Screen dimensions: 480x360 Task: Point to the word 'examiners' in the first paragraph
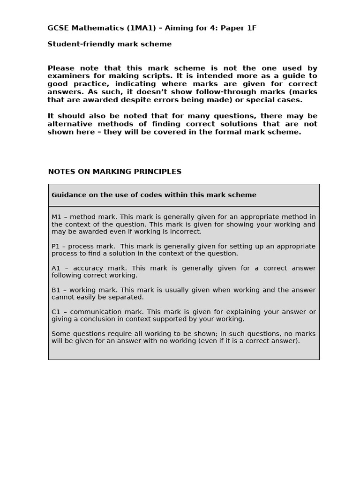[x=66, y=76]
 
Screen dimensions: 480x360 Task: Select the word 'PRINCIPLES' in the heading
[x=160, y=172]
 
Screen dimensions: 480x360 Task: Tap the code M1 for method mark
[x=56, y=217]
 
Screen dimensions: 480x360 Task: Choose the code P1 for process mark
[x=56, y=246]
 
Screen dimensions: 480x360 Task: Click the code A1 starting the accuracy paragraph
[x=56, y=268]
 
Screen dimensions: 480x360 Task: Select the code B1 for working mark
[x=56, y=290]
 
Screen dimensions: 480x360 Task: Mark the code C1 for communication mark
[x=56, y=312]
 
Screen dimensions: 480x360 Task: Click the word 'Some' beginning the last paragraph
[x=60, y=334]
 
